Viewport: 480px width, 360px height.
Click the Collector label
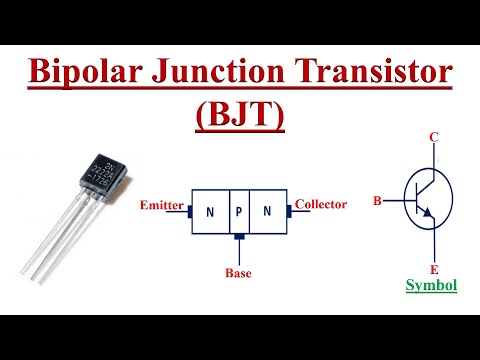[321, 204]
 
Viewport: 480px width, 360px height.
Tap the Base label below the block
[238, 271]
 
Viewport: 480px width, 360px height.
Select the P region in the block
[238, 211]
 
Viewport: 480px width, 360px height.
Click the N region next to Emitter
[209, 211]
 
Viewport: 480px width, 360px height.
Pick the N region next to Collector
[267, 211]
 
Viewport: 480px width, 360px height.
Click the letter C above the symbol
[434, 137]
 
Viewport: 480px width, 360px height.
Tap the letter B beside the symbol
[377, 201]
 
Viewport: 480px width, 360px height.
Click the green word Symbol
[432, 286]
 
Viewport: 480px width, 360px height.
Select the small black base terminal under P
[238, 238]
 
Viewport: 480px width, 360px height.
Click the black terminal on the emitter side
[187, 210]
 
